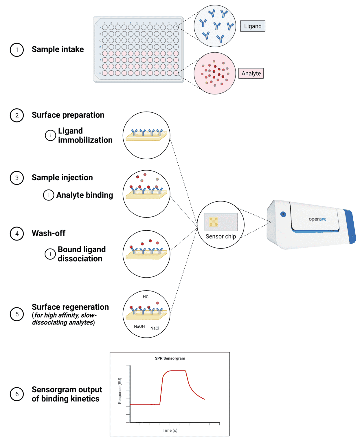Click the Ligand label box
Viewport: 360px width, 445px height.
(x=253, y=26)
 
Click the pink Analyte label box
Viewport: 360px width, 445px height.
(x=251, y=73)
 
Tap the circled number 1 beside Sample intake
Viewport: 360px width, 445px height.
(x=17, y=50)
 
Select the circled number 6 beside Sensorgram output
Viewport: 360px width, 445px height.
(x=17, y=394)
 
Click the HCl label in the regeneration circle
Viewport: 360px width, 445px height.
(x=146, y=297)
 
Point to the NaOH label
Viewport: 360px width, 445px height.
(x=139, y=327)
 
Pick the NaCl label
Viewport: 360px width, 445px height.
(x=155, y=328)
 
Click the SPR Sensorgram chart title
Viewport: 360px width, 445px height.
(x=170, y=358)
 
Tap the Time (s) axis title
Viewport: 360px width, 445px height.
(x=170, y=430)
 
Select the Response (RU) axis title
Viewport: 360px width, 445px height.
(x=120, y=391)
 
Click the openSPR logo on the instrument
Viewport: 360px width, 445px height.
(x=317, y=219)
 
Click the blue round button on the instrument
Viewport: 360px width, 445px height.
(x=283, y=214)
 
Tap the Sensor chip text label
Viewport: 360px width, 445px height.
(x=221, y=236)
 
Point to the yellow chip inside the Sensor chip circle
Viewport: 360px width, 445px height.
(x=214, y=222)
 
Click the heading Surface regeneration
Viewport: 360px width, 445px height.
(x=70, y=307)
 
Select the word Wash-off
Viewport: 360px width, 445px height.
(x=49, y=233)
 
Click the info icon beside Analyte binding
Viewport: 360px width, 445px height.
(x=49, y=195)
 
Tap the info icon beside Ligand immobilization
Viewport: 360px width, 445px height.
(x=50, y=135)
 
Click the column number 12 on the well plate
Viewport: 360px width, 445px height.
(x=176, y=23)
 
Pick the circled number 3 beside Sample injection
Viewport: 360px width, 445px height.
(x=17, y=178)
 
